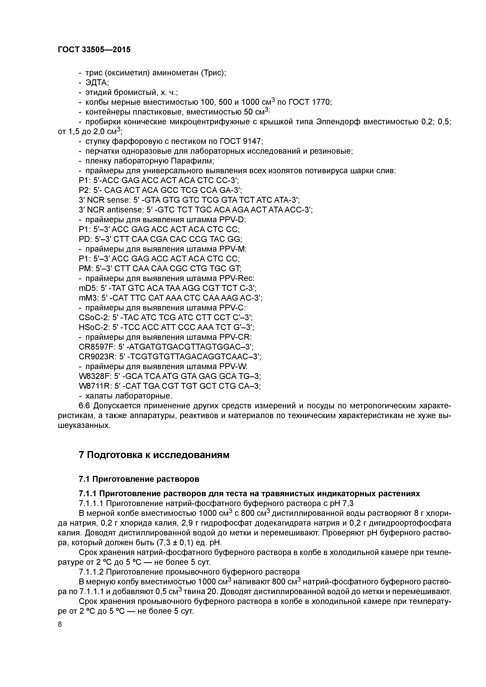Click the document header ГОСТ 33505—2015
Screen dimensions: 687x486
click(x=94, y=50)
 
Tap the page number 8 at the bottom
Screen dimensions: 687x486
click(x=60, y=624)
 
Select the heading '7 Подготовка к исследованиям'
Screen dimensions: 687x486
click(x=154, y=455)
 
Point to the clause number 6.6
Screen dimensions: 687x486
click(x=85, y=406)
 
